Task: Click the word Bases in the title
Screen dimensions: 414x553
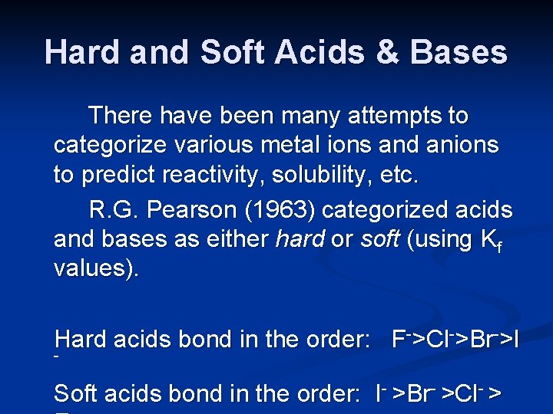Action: click(459, 52)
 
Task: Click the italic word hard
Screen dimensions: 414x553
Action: click(300, 239)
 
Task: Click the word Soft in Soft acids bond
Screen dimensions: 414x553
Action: click(76, 394)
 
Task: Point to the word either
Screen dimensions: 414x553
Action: click(233, 239)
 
